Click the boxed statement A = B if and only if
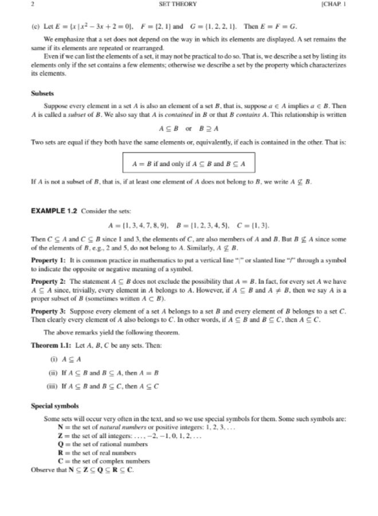click(188, 163)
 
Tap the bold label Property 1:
click(48, 260)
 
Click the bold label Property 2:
click(48, 283)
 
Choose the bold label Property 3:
click(48, 312)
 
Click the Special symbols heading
click(55, 406)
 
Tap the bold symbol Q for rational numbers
click(60, 444)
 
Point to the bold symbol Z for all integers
click(60, 435)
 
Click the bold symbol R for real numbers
click(60, 452)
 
